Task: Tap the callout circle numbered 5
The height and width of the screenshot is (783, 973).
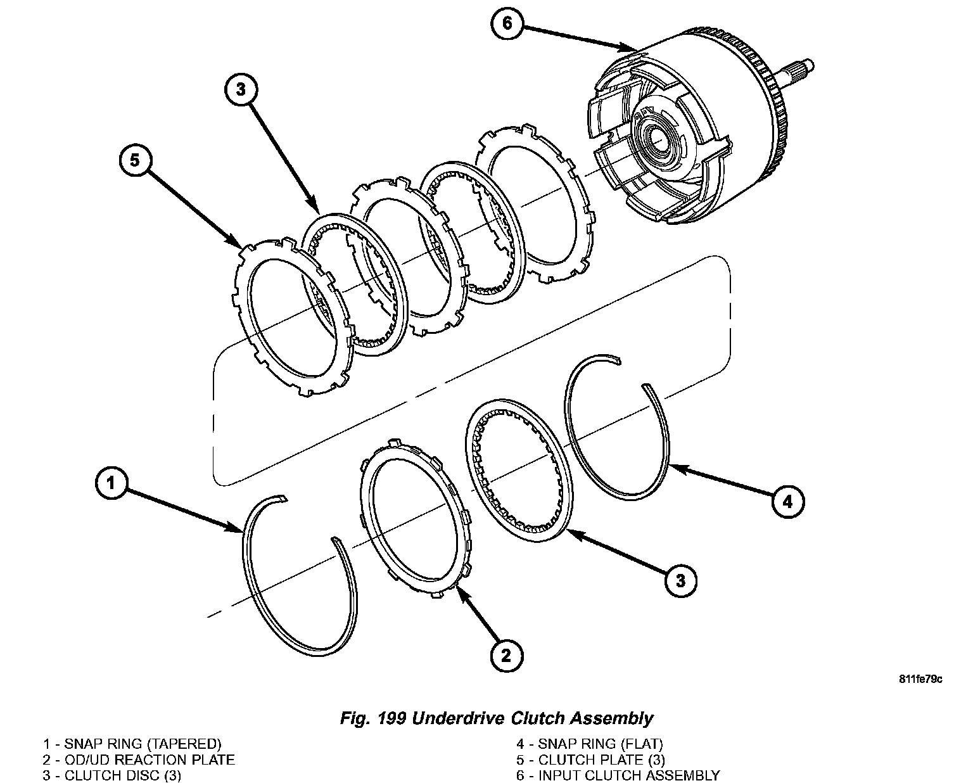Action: point(135,162)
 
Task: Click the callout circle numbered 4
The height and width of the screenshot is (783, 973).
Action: point(787,502)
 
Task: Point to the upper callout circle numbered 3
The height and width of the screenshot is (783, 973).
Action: point(240,91)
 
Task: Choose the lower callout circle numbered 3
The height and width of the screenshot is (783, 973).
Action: point(681,580)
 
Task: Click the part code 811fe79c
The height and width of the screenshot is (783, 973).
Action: point(920,680)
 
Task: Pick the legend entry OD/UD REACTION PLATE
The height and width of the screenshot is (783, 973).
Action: point(149,760)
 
